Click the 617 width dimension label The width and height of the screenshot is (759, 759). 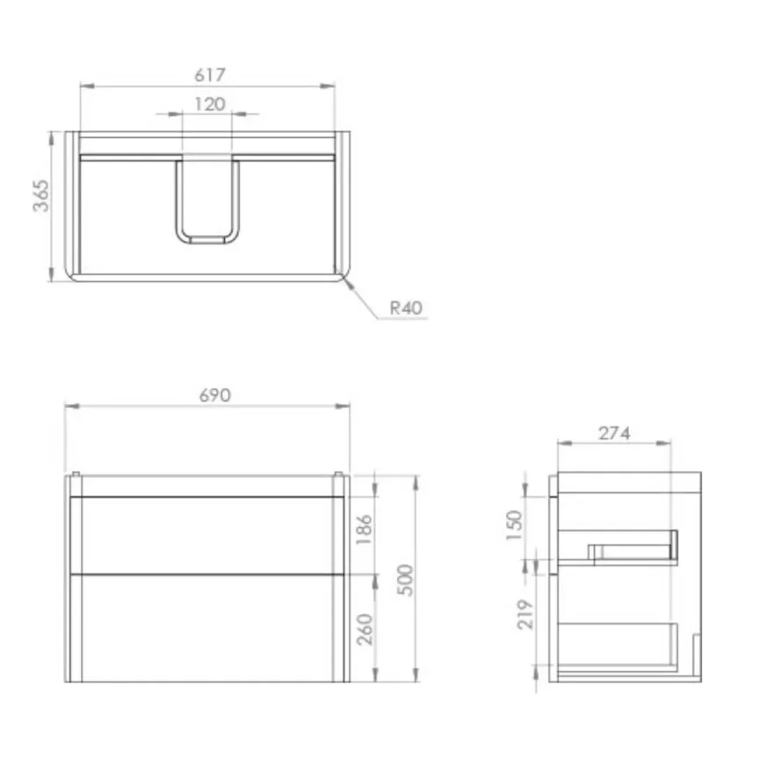[207, 76]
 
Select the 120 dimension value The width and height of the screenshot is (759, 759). [209, 105]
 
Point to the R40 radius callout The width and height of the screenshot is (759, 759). [406, 308]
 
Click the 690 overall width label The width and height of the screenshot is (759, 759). [214, 395]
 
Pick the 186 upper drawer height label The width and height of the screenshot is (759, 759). [365, 530]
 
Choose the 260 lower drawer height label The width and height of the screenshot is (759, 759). [365, 630]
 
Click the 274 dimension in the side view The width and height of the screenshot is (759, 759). [614, 433]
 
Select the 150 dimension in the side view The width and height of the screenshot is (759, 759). [515, 524]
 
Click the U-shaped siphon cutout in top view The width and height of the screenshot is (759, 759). [207, 202]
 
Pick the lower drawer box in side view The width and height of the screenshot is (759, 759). [619, 646]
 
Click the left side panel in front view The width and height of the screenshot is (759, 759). [74, 580]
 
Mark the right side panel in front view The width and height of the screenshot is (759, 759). [340, 580]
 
